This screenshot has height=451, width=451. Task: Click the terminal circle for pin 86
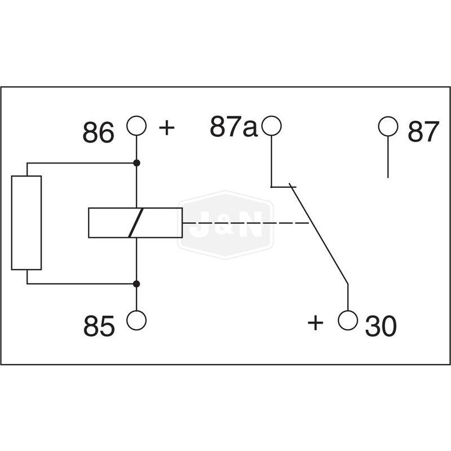(x=136, y=125)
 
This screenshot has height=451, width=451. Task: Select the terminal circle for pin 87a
(x=272, y=125)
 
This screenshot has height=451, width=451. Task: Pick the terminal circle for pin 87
(x=388, y=125)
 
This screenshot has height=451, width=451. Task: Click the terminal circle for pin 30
(x=348, y=320)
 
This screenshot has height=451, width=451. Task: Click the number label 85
(x=99, y=326)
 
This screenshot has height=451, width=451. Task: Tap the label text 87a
(x=233, y=127)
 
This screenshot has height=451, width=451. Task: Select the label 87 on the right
(x=423, y=132)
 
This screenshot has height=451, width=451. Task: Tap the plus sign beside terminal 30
(x=316, y=323)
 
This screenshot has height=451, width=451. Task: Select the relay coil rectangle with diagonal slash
(x=135, y=223)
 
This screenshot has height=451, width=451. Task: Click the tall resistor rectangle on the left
(x=26, y=223)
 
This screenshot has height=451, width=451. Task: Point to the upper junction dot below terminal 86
(x=136, y=163)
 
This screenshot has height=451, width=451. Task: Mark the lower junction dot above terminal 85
(x=136, y=284)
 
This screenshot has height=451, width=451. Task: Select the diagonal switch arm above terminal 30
(x=319, y=234)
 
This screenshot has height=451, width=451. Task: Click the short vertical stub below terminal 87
(x=388, y=158)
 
